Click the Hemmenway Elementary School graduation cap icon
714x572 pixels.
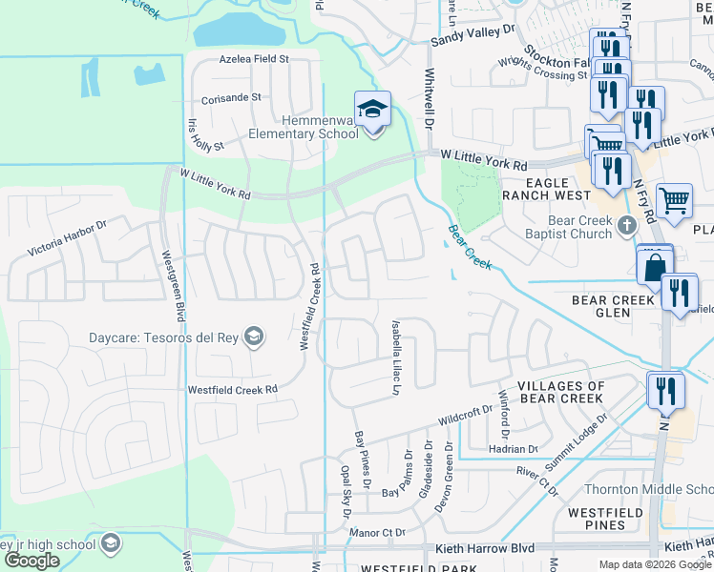click(x=372, y=108)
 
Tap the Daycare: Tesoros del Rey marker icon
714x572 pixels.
click(x=254, y=336)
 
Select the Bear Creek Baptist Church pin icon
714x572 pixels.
click(x=626, y=225)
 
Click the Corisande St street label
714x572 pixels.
click(x=231, y=97)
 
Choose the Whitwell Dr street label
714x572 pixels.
click(x=430, y=99)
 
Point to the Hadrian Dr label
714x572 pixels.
click(x=514, y=448)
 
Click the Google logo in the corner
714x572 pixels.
click(x=32, y=561)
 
